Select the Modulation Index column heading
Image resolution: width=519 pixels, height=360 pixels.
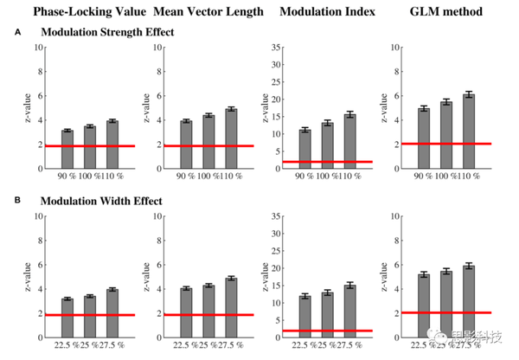pyautogui.click(x=320, y=11)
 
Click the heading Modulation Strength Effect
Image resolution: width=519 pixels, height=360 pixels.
pyautogui.click(x=107, y=32)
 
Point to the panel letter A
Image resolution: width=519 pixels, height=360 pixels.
pyautogui.click(x=17, y=31)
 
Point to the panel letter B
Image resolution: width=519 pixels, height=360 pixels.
pyautogui.click(x=17, y=200)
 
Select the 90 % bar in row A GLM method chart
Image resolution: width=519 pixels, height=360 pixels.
pyautogui.click(x=424, y=138)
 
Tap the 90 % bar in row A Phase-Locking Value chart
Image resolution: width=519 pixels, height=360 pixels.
pyautogui.click(x=67, y=150)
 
